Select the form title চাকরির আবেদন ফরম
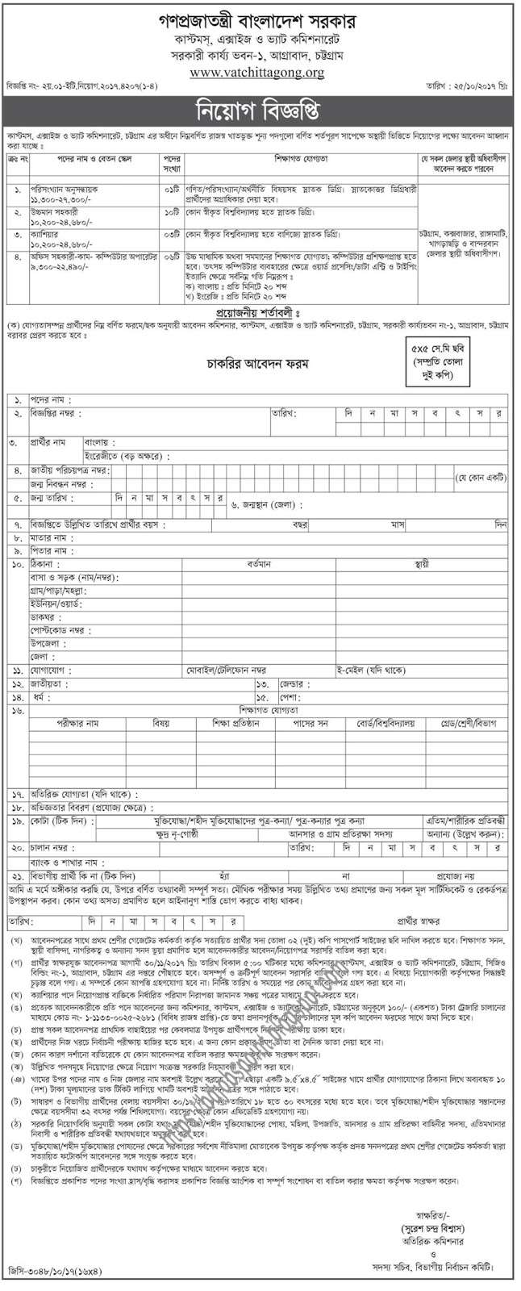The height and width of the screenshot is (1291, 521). pyautogui.click(x=256, y=364)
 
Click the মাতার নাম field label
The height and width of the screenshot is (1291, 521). pyautogui.click(x=52, y=537)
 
